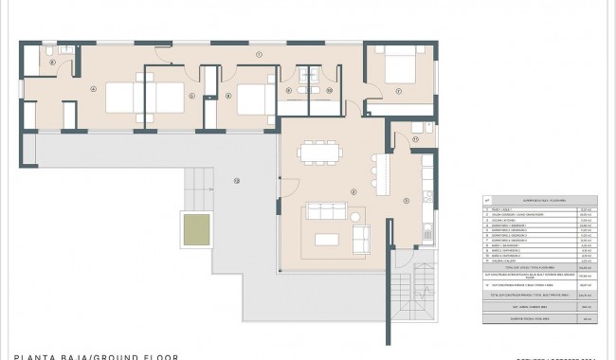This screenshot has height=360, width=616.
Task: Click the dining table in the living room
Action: click(x=317, y=152)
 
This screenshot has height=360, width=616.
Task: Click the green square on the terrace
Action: click(x=196, y=227)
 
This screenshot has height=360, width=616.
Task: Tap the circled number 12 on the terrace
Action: click(x=237, y=179)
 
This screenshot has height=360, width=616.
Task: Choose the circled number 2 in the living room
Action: click(x=353, y=192)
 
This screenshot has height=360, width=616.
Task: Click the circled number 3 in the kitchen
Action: click(x=406, y=200)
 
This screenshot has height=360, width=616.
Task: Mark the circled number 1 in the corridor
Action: click(x=258, y=55)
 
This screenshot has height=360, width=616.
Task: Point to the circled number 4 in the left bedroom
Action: click(x=93, y=89)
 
